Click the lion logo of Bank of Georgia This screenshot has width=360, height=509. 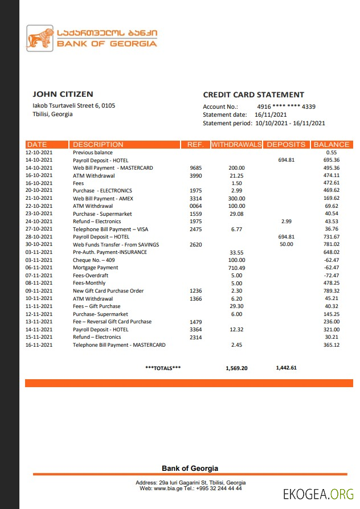[x=40, y=39]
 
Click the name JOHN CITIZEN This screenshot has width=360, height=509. [x=63, y=94]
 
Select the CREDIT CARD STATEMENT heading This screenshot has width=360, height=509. [x=253, y=95]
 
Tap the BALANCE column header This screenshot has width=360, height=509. [x=331, y=145]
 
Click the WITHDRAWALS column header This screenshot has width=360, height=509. [x=236, y=145]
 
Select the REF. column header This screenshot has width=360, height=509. [x=195, y=145]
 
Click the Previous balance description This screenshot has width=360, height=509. [x=93, y=153]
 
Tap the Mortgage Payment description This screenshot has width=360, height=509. [x=96, y=268]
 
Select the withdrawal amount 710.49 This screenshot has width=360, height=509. [x=236, y=268]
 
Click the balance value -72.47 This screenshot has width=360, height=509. [x=332, y=276]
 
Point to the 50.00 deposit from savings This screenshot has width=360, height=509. [x=286, y=244]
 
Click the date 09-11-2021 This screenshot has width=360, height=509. [x=39, y=291]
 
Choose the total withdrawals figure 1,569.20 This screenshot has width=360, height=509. [x=236, y=368]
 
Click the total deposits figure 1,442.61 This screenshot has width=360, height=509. [x=286, y=368]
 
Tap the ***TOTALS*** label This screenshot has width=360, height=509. [x=163, y=368]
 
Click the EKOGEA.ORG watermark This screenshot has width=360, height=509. [x=318, y=494]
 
